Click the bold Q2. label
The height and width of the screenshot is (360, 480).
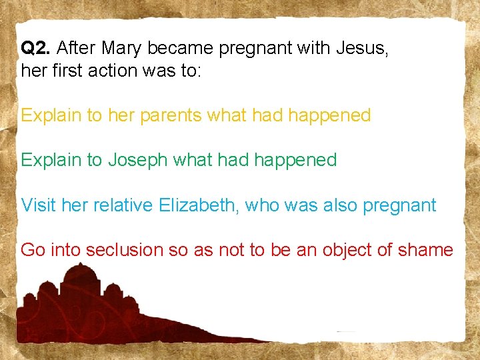pos(37,48)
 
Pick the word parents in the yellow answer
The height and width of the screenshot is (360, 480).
pos(169,115)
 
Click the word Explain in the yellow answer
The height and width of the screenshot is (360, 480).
pos(51,115)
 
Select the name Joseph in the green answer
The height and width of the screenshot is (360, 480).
pos(137,160)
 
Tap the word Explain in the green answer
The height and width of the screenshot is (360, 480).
pos(51,160)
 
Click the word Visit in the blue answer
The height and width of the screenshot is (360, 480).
pos(38,205)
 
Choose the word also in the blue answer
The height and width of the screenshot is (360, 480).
pos(340,205)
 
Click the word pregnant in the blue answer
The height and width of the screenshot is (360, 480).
pos(400,205)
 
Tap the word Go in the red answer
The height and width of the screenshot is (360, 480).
pos(32,250)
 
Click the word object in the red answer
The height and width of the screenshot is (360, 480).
pos(350,251)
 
